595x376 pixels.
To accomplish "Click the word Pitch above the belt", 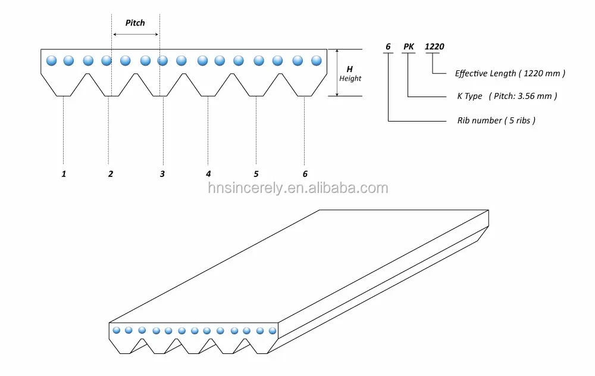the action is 135,23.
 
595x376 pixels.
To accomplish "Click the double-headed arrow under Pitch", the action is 136,35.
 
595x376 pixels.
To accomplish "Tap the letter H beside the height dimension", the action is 349,69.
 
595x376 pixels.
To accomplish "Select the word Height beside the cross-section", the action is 350,79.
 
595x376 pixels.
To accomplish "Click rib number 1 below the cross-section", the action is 64,174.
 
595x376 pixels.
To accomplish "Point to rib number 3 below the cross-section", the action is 162,174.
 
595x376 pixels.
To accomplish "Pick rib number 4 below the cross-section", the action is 208,174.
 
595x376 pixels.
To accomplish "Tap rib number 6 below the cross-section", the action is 305,174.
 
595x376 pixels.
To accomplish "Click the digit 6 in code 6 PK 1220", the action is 388,46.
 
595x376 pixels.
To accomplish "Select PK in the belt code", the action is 409,46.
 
